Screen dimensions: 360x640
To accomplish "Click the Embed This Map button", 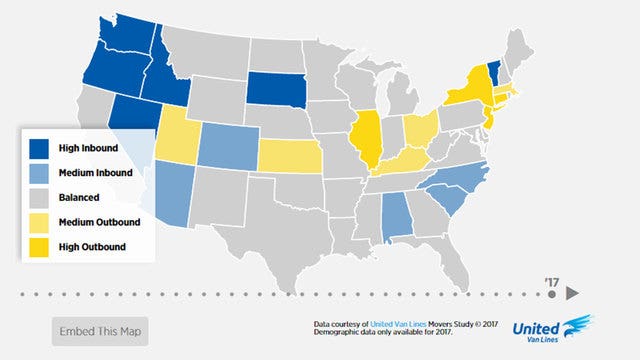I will pyautogui.click(x=100, y=331).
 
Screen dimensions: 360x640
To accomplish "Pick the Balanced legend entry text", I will pyautogui.click(x=80, y=197).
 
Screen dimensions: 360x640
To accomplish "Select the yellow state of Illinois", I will pyautogui.click(x=367, y=140).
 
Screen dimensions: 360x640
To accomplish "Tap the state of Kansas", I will pyautogui.click(x=291, y=156).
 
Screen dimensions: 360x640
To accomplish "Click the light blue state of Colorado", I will pyautogui.click(x=228, y=146).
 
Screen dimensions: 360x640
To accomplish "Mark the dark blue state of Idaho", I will pyautogui.click(x=161, y=75).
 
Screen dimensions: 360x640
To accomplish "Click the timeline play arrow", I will pyautogui.click(x=571, y=293).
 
